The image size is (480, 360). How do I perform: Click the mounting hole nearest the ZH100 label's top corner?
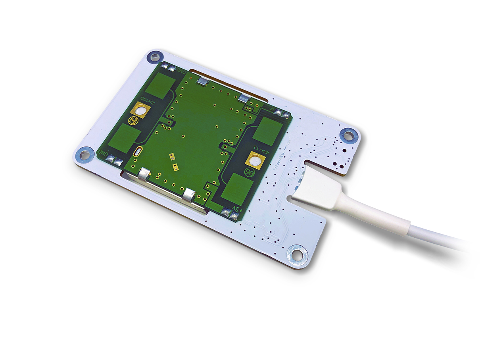[154, 57]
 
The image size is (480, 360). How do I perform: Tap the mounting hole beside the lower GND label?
[84, 154]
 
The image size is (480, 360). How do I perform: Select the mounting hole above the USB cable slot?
[348, 135]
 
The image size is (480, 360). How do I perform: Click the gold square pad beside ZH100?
[140, 108]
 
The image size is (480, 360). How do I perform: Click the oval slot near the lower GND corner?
[138, 152]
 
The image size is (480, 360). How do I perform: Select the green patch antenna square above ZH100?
[163, 85]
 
